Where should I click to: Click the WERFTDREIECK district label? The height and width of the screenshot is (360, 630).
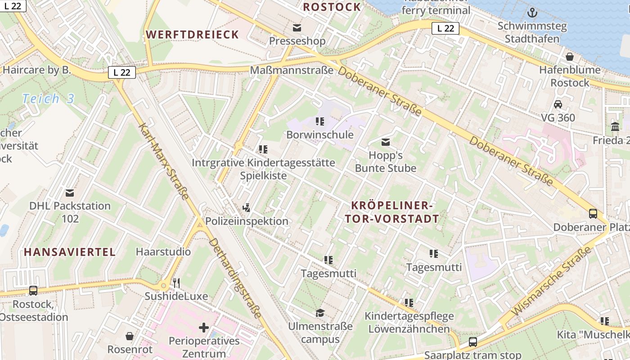point(192,35)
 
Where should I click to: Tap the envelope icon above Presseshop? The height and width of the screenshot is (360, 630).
point(297,28)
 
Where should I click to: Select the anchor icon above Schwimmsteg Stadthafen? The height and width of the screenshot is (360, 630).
point(532,13)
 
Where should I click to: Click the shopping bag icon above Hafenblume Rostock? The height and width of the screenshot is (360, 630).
point(570,57)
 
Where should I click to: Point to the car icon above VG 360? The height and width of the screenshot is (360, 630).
point(558,104)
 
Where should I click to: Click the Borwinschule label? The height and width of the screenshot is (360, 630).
point(320,135)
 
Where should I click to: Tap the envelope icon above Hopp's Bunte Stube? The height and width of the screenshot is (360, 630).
point(386,142)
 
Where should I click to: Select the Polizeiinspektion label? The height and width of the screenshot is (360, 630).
point(247,221)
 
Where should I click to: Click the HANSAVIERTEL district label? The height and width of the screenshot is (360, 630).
point(70,252)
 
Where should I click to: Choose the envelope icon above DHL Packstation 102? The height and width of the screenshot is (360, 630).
point(70,193)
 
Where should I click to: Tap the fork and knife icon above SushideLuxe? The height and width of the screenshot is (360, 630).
point(176,283)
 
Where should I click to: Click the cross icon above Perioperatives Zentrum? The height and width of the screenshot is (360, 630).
point(204,328)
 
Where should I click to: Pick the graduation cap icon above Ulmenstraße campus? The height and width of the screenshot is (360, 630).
point(320,313)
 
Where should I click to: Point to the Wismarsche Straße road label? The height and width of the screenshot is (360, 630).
point(551,282)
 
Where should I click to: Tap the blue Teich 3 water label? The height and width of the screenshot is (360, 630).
point(48,99)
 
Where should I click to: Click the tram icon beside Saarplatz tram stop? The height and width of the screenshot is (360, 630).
point(472,342)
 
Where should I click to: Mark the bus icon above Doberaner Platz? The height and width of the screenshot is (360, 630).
point(593,214)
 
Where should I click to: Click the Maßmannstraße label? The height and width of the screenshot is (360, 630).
point(292,70)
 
